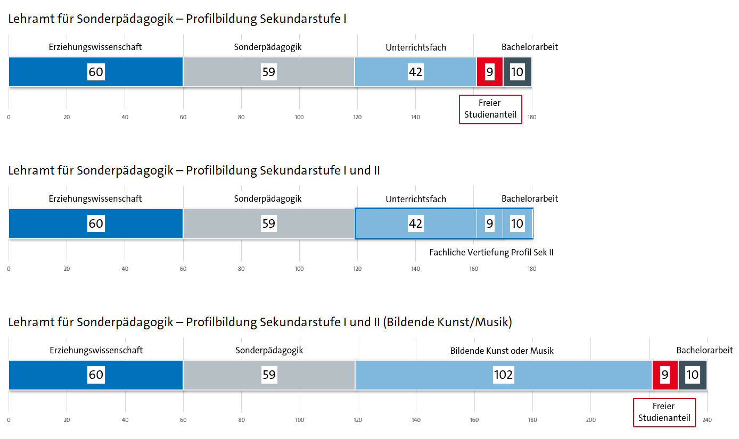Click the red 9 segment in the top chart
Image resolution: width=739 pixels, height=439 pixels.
click(x=490, y=72)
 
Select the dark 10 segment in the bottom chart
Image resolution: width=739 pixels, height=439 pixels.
click(x=692, y=375)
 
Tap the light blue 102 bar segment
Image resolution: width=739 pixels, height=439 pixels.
click(x=503, y=375)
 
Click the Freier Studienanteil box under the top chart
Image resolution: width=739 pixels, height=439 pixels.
click(x=490, y=109)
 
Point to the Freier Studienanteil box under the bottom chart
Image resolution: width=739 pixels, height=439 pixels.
click(x=664, y=412)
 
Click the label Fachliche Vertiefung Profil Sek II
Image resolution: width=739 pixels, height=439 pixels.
click(x=491, y=252)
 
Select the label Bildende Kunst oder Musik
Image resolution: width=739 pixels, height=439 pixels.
click(x=502, y=351)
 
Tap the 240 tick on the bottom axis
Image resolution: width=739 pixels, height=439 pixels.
click(x=707, y=420)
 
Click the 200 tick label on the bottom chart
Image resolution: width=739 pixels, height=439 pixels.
click(x=590, y=420)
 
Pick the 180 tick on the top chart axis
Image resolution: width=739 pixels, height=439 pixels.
click(x=532, y=117)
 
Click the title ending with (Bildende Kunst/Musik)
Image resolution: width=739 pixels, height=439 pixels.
click(x=260, y=322)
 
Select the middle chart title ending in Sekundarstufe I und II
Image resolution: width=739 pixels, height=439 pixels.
click(x=194, y=170)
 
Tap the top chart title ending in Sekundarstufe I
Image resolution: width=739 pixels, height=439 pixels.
click(x=177, y=19)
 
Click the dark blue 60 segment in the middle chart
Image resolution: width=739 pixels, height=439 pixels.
click(x=96, y=223)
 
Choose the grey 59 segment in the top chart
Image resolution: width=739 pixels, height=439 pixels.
click(x=269, y=72)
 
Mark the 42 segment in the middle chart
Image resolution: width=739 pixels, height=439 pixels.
click(x=415, y=223)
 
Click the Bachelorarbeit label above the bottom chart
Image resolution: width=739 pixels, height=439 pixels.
click(x=704, y=350)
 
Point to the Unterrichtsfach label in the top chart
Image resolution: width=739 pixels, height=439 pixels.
click(x=416, y=47)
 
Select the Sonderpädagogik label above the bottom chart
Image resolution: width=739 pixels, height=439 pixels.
click(x=269, y=350)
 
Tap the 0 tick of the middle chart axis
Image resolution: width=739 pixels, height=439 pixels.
click(x=9, y=269)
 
